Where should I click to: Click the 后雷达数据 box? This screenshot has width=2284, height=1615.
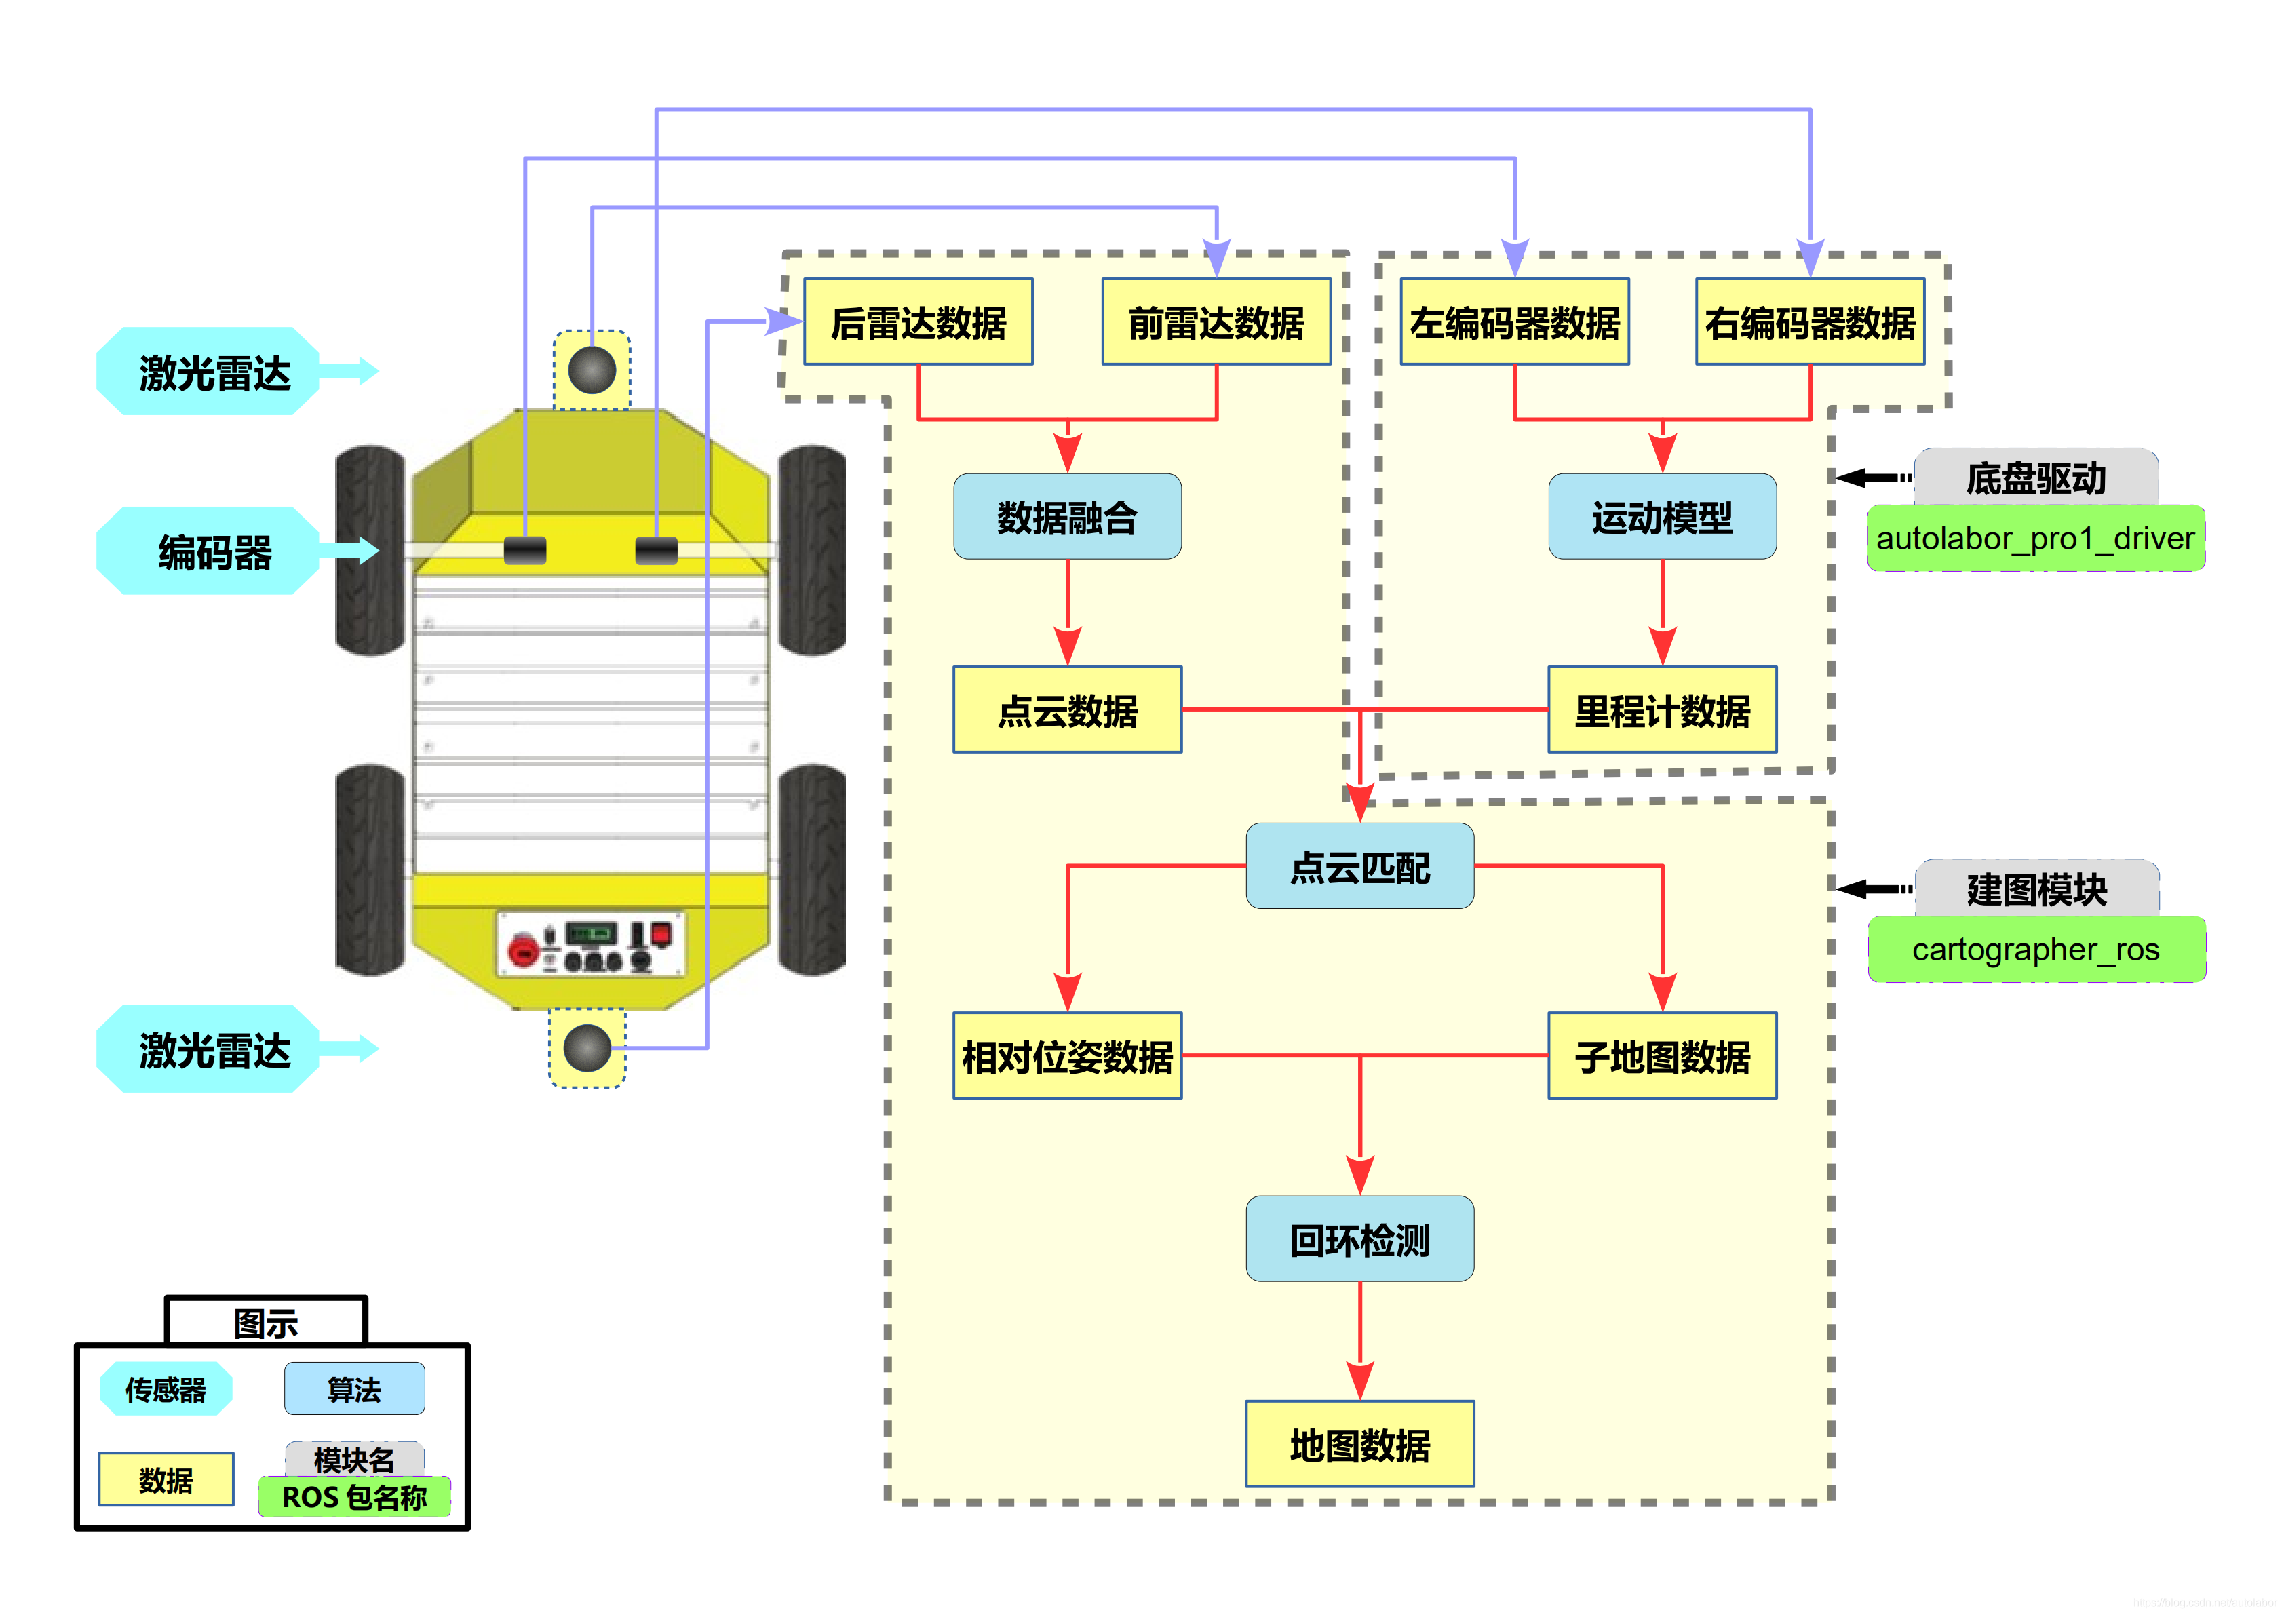pos(917,322)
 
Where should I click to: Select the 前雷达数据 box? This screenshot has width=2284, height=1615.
pos(1216,322)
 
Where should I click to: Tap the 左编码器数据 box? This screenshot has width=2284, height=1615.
pos(1514,322)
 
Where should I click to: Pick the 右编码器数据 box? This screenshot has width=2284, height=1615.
pos(1809,322)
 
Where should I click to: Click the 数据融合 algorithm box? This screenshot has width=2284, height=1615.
pos(1066,516)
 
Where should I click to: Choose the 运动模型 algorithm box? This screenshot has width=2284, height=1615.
pos(1661,516)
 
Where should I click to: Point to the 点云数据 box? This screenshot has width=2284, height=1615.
pos(1066,709)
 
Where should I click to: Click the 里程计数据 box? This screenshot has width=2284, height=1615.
pos(1661,709)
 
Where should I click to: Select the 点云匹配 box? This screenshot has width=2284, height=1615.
pos(1359,865)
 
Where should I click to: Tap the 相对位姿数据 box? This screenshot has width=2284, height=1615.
pos(1066,1055)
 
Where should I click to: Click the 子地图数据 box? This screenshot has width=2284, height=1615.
pos(1661,1055)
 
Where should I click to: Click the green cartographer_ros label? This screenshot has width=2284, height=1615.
pos(2035,950)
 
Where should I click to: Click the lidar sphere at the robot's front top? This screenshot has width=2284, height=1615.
pos(592,370)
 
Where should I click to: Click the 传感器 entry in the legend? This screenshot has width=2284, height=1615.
pos(165,1388)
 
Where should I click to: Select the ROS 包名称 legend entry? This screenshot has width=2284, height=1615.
pos(354,1497)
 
